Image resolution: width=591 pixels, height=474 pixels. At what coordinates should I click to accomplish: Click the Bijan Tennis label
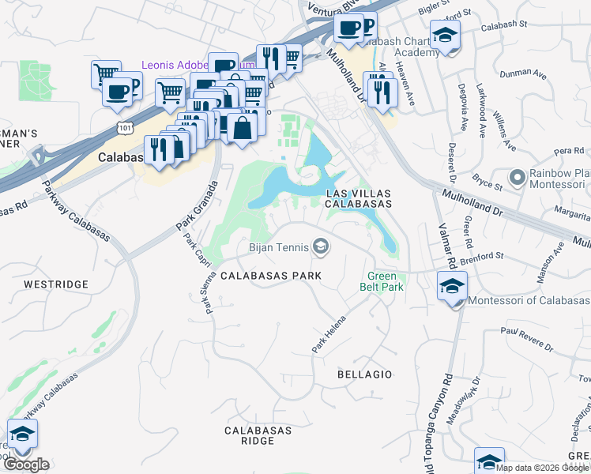coord(277,248)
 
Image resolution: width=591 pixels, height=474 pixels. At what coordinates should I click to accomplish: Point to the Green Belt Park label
coord(384,281)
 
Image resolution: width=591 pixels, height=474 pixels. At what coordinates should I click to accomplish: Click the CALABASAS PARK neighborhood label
coord(270,276)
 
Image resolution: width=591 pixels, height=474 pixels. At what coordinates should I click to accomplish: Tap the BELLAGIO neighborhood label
coord(364,373)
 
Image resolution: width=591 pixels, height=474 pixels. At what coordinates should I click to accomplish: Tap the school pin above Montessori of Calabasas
coord(451,287)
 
